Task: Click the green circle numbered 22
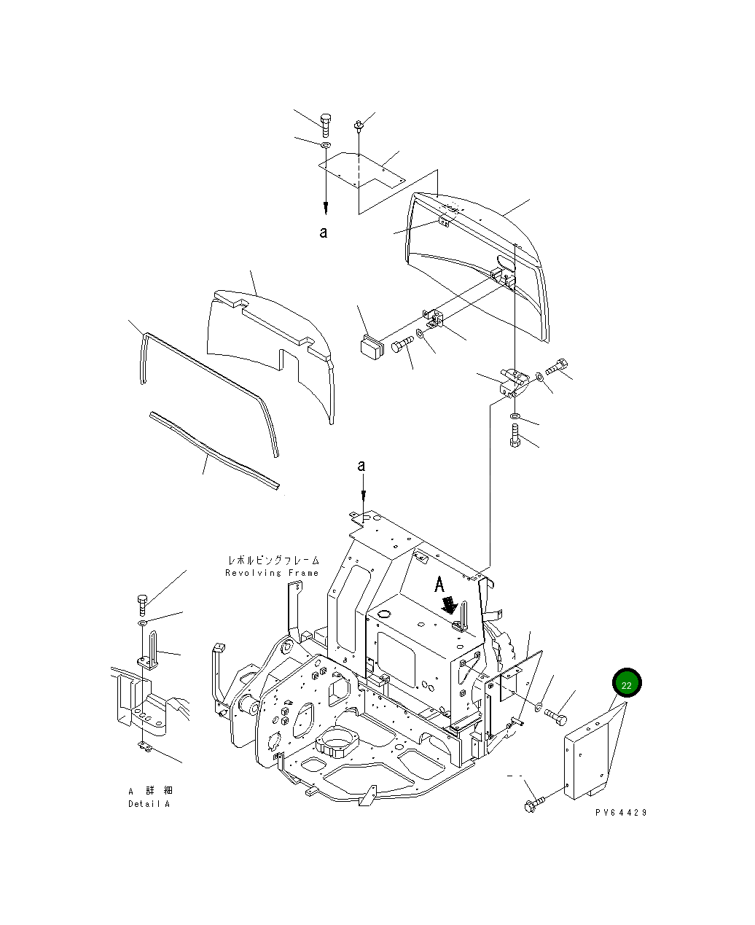tap(627, 684)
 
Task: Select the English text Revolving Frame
tap(272, 573)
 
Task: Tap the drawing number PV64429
tap(620, 813)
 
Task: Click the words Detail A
tap(149, 804)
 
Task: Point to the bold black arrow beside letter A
tap(450, 604)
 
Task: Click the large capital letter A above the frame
tap(439, 584)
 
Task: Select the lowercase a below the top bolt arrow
tap(324, 233)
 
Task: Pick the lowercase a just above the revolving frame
tap(361, 466)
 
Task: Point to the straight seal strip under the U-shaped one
tap(215, 450)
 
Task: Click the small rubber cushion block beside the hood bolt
tap(372, 346)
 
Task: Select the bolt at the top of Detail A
tap(142, 603)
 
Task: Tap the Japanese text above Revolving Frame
tap(273, 561)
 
